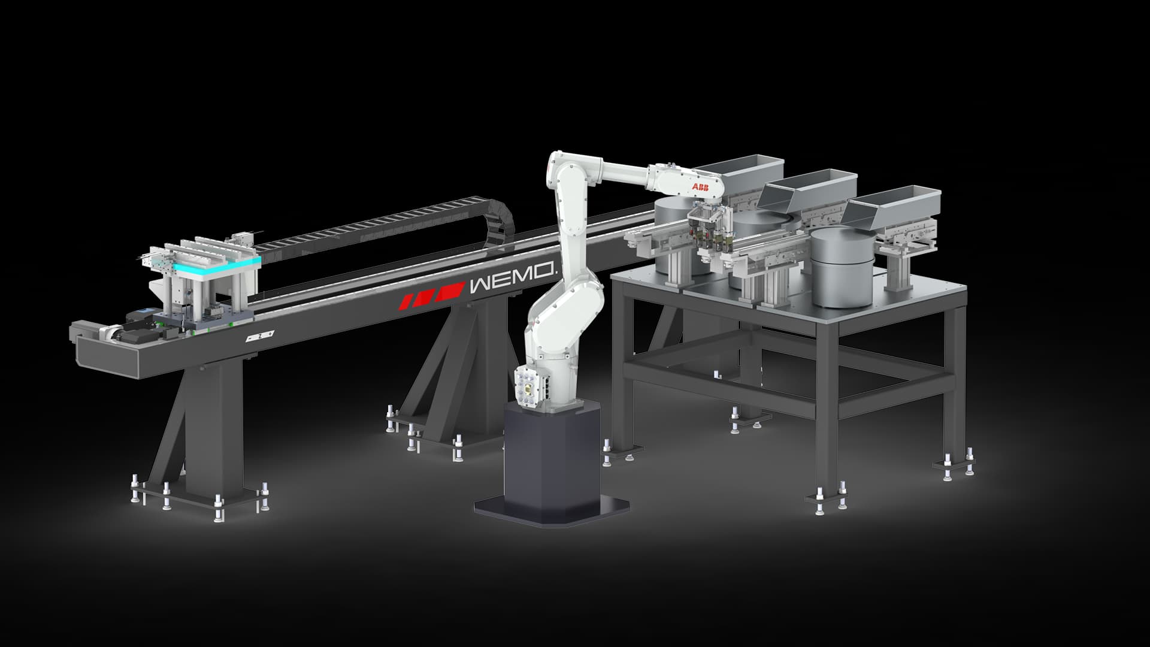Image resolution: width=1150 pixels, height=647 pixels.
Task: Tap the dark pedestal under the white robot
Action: click(x=552, y=462)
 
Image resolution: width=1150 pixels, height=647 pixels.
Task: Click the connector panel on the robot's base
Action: click(x=526, y=388)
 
